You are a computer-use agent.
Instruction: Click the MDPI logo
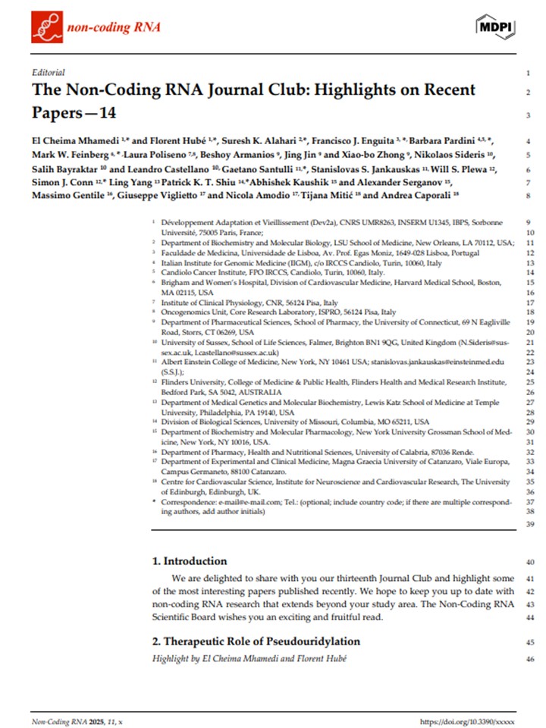(x=497, y=27)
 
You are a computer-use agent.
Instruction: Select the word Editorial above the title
(x=49, y=73)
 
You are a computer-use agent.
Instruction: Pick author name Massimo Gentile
(x=64, y=195)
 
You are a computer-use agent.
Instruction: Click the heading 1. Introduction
(x=189, y=561)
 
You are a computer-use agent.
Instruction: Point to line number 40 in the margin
(x=529, y=562)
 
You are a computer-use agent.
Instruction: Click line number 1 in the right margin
(x=527, y=74)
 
